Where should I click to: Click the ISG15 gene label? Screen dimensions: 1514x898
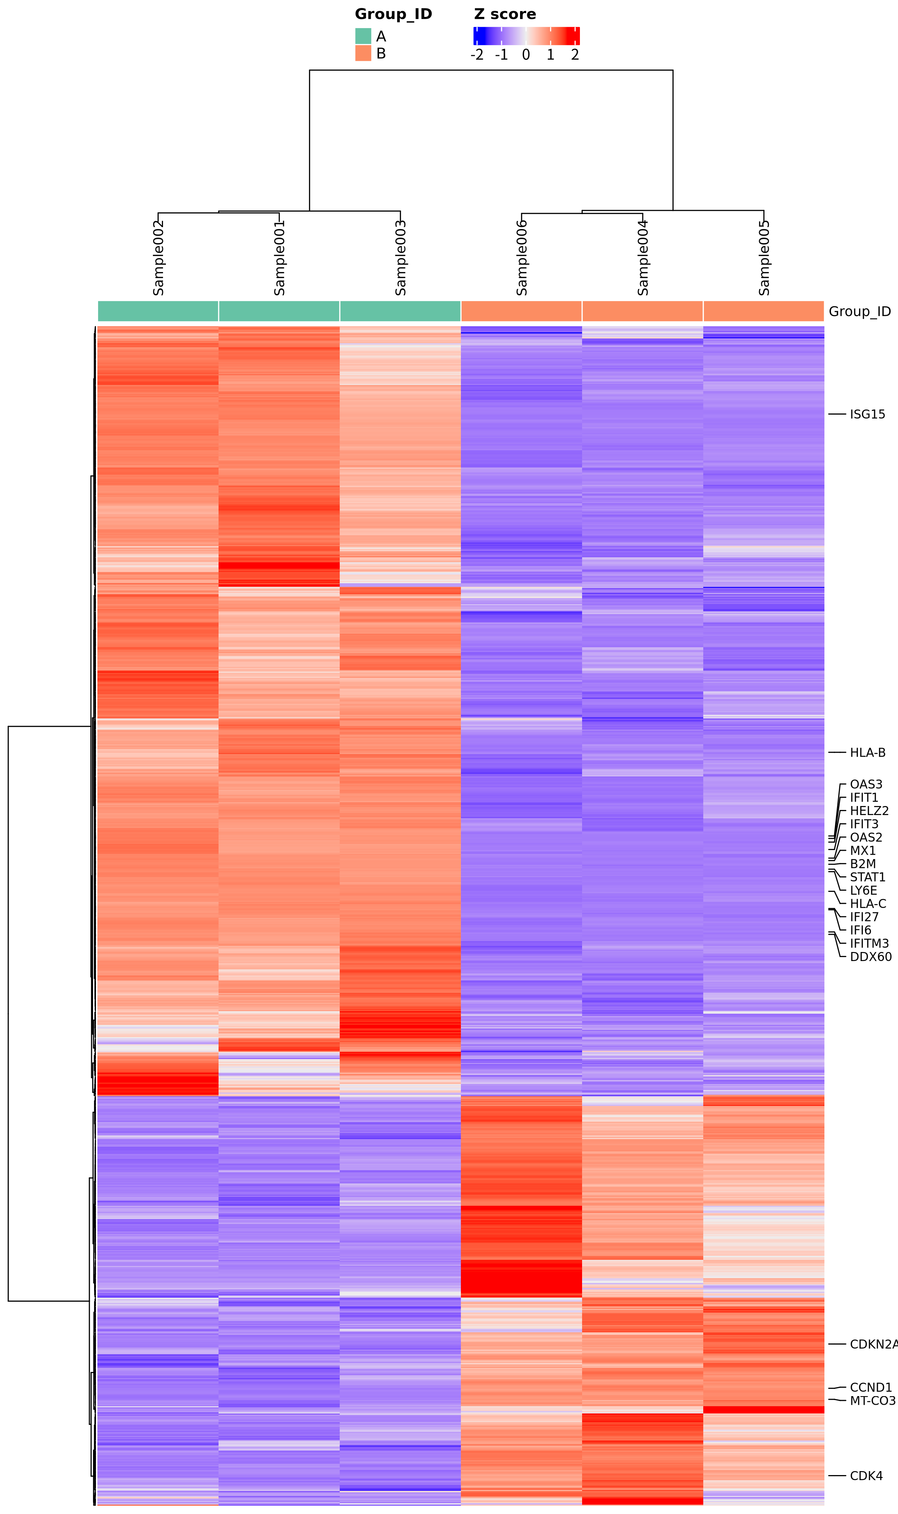tap(867, 414)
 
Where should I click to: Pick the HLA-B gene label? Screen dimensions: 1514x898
tap(867, 752)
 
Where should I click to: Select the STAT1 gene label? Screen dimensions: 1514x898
tap(867, 877)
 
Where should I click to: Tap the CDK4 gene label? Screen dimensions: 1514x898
tap(866, 1476)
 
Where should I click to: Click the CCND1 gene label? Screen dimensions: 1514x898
tap(871, 1387)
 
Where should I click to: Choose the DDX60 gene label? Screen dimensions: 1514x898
tap(871, 957)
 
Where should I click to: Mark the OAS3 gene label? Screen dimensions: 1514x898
tap(866, 784)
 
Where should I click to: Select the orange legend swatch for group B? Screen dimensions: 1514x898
tap(363, 53)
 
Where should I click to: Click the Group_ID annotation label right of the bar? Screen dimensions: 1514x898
tap(859, 311)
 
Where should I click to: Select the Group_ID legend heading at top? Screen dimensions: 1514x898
tap(393, 14)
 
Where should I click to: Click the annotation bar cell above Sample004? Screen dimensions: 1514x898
tap(643, 311)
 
